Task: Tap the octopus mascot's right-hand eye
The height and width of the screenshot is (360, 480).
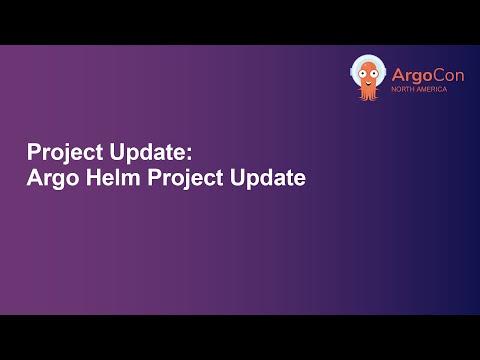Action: [375, 71]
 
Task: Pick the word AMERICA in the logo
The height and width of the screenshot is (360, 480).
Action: [431, 89]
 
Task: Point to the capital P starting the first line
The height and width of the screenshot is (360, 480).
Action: [32, 153]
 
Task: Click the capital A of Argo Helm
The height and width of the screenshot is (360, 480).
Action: [33, 180]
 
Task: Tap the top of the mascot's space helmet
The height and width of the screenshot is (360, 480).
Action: [368, 57]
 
